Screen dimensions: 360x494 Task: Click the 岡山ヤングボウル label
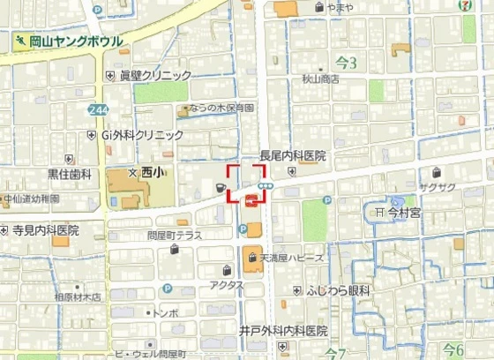(75, 41)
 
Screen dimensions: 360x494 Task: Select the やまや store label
(339, 7)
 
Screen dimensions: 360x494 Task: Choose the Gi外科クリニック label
(141, 135)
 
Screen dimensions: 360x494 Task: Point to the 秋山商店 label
(321, 78)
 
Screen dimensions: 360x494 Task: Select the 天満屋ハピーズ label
(290, 258)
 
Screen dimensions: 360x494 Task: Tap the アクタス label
(227, 285)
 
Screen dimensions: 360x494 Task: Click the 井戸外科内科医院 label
(283, 331)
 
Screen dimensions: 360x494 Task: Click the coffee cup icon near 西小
(219, 186)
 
